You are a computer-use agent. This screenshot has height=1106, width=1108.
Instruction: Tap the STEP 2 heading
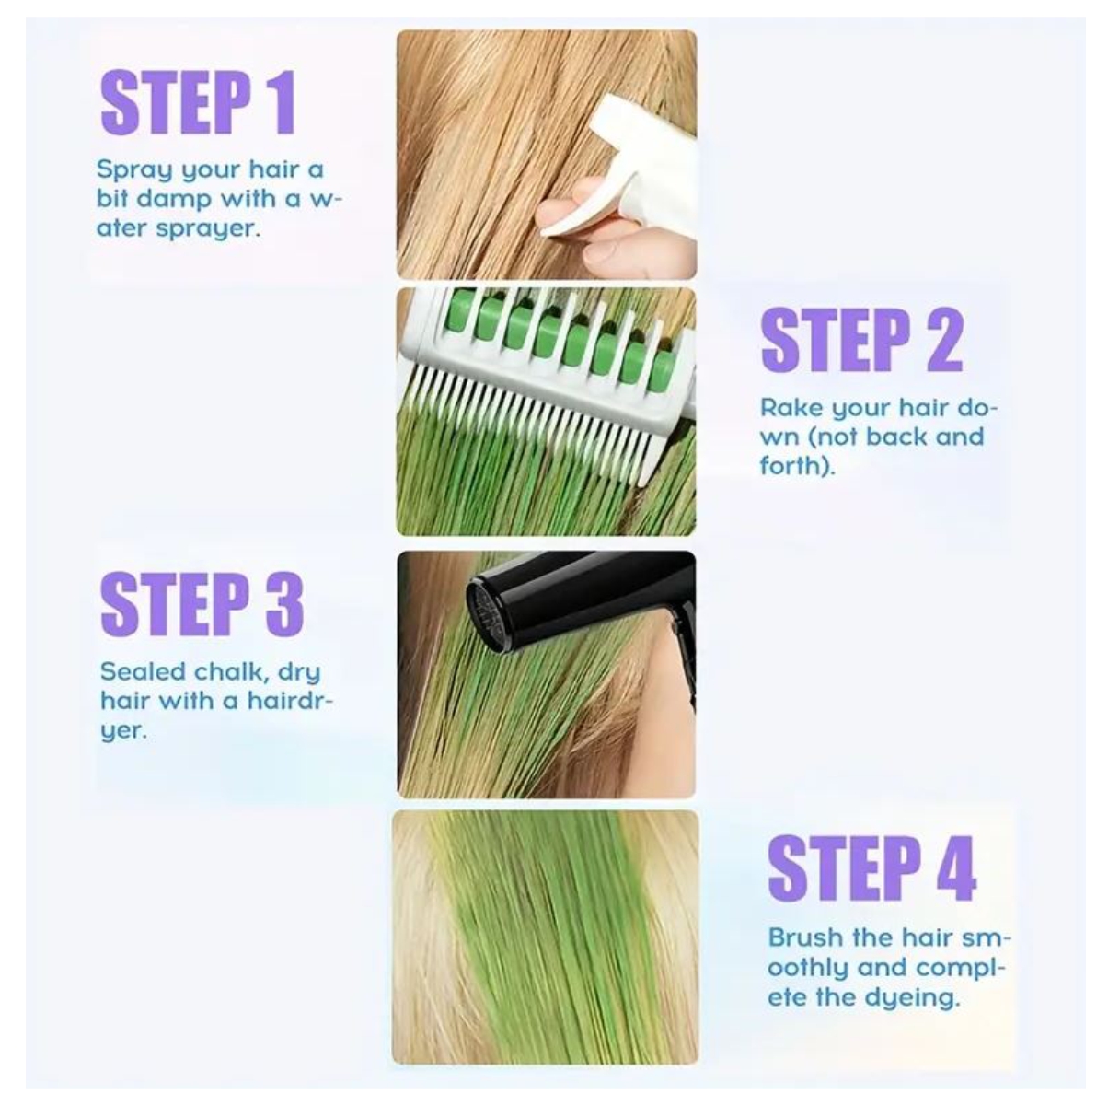click(861, 340)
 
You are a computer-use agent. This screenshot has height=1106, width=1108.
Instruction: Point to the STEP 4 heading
click(871, 867)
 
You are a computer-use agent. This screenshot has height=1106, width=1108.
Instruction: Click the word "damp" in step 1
click(177, 199)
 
